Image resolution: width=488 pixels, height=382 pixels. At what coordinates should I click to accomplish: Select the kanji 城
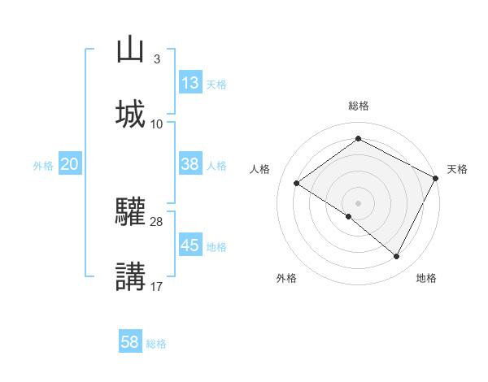click(x=130, y=113)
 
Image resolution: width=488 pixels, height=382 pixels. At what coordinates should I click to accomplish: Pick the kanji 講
click(x=130, y=276)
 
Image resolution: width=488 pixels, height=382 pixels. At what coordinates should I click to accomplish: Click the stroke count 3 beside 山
click(x=156, y=59)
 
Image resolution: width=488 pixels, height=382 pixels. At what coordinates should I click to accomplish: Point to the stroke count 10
click(x=157, y=124)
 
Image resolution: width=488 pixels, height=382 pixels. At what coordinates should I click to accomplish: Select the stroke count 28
click(x=157, y=221)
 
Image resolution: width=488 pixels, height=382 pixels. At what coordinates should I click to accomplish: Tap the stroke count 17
click(x=157, y=285)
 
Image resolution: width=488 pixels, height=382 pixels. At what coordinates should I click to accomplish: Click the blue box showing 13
click(x=190, y=83)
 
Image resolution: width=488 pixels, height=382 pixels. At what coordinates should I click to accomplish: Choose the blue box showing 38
click(x=190, y=163)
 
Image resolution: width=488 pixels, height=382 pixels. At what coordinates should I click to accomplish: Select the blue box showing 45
click(x=190, y=245)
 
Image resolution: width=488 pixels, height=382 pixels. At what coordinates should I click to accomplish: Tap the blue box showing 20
click(x=69, y=164)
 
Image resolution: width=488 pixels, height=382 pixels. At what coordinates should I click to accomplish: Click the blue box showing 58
click(x=130, y=342)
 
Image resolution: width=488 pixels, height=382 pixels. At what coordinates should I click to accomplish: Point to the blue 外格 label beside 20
click(x=43, y=165)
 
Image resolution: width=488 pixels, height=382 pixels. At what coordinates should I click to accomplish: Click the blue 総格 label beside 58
click(x=156, y=344)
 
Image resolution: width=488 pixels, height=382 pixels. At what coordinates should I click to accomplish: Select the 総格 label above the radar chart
click(x=358, y=106)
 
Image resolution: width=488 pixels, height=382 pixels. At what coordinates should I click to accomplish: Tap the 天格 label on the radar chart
click(x=457, y=169)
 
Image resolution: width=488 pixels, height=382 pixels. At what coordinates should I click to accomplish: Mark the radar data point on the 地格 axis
click(x=397, y=257)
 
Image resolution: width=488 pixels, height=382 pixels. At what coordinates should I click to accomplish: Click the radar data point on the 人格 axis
click(x=297, y=183)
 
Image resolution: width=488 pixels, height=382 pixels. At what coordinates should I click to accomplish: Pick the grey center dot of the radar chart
click(x=358, y=202)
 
